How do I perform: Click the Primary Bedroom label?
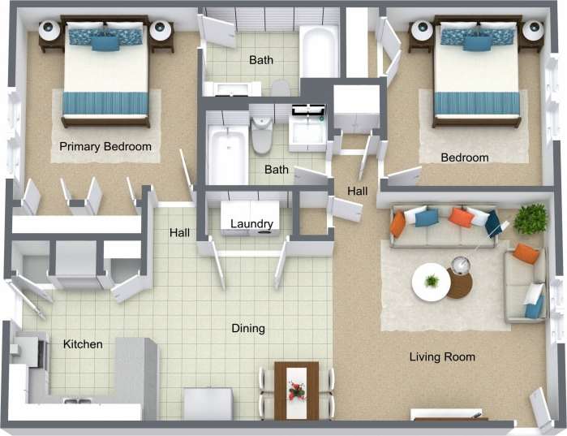[x=105, y=146]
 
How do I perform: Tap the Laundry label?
[x=251, y=224]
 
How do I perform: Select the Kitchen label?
[x=83, y=344]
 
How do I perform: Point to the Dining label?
[x=248, y=329]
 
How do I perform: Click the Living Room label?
[x=442, y=356]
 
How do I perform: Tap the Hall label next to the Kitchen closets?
[x=179, y=233]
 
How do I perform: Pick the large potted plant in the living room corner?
[x=530, y=218]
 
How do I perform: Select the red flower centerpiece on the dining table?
[x=296, y=391]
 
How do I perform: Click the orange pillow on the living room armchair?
[x=526, y=253]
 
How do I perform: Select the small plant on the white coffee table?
[x=432, y=281]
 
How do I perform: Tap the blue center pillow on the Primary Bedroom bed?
[x=105, y=41]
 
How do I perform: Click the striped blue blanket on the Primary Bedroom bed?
[x=105, y=103]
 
